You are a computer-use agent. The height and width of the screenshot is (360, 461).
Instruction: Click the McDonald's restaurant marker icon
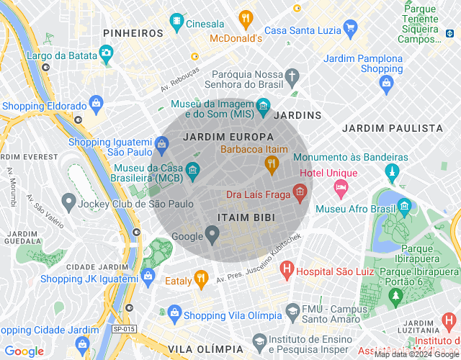246,19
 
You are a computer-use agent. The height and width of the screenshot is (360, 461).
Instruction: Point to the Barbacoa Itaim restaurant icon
271,165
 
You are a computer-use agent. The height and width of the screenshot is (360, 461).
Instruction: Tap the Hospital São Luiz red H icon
287,271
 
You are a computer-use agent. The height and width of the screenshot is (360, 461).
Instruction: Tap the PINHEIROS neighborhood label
133,33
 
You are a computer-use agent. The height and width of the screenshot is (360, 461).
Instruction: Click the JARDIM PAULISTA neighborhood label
393,128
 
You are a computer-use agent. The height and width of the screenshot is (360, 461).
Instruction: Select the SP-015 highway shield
123,329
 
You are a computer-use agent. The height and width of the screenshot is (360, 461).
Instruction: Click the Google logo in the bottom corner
24,351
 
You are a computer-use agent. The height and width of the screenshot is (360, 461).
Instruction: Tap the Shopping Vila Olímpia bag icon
173,314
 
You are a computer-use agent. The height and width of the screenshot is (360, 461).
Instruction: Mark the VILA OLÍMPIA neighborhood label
209,348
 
